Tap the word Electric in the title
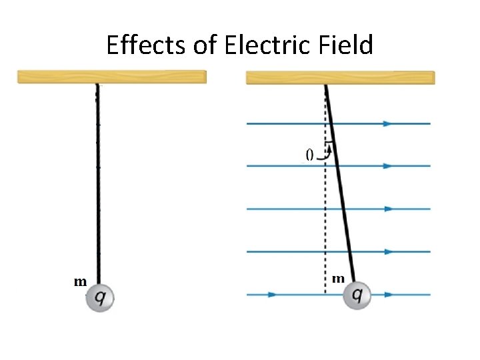tap(267, 45)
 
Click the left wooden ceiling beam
tap(111, 77)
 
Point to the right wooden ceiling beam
tap(340, 78)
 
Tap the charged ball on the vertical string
tap(100, 298)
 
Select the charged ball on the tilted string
tap(357, 295)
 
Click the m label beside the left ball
tap(80, 282)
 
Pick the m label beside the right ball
tap(338, 279)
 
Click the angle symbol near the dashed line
tap(309, 155)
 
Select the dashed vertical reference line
tap(325, 220)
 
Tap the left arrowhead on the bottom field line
tap(271, 294)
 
